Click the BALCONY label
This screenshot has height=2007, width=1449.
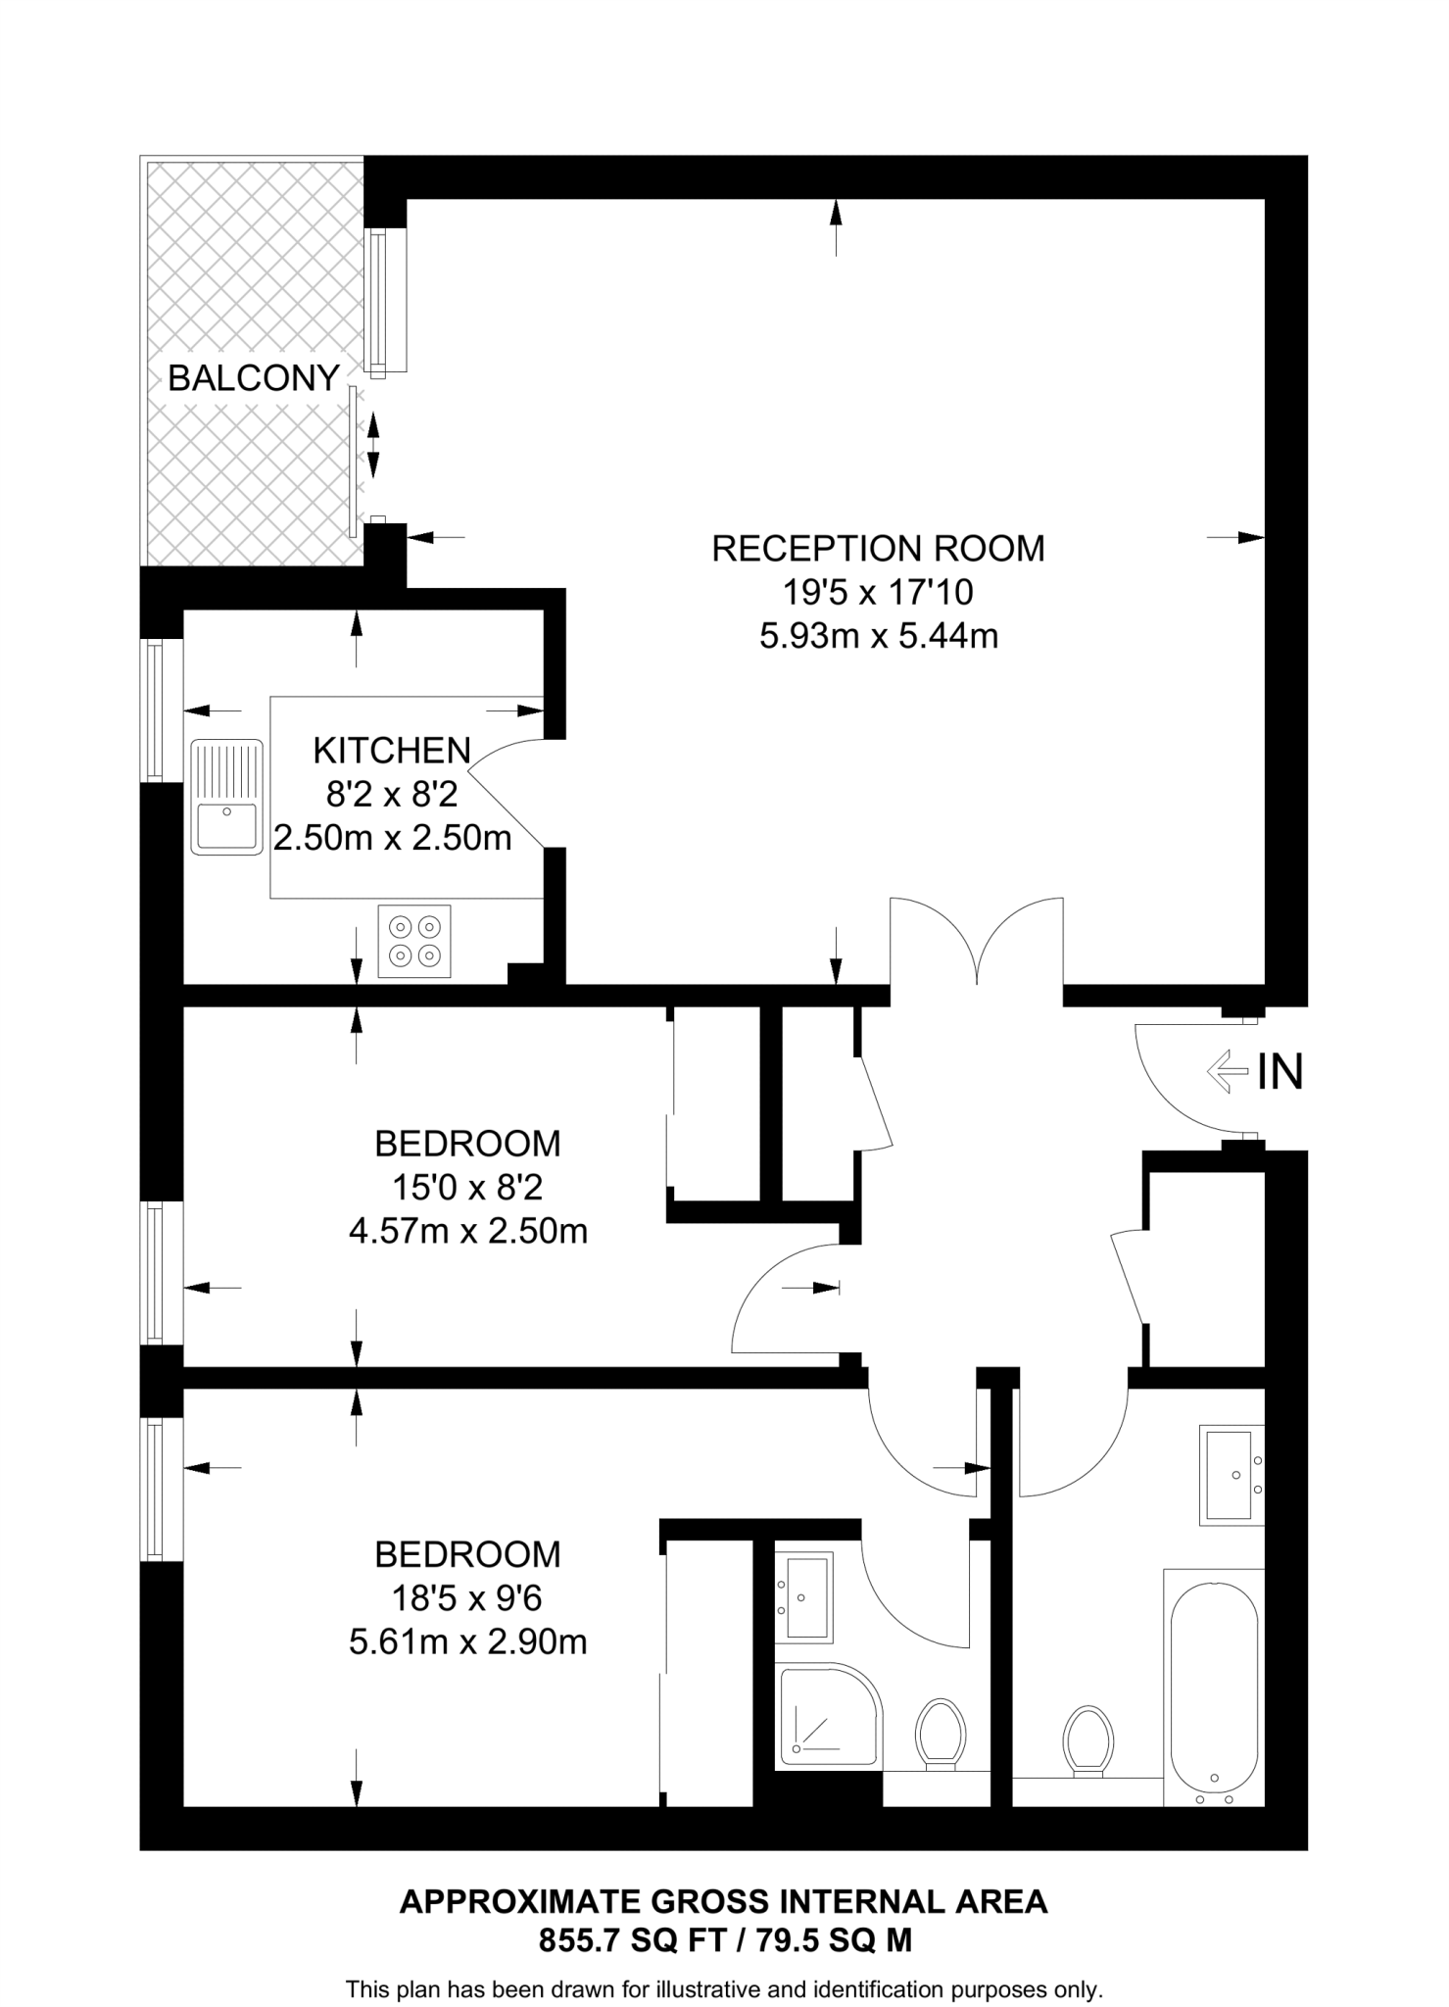pos(253,378)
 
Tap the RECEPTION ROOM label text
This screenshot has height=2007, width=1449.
pos(878,548)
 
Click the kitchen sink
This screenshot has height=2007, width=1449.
pos(227,796)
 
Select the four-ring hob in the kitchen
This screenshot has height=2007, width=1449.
pos(414,941)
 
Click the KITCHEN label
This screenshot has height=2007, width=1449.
pos(392,751)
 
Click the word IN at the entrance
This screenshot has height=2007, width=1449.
pos(1280,1072)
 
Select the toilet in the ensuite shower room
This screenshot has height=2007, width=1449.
pos(941,1733)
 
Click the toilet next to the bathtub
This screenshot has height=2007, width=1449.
pos(1087,1739)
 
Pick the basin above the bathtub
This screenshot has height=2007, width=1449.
pos(1231,1475)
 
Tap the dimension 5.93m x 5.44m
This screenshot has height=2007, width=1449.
pos(878,637)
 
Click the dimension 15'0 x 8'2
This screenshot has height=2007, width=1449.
pos(467,1188)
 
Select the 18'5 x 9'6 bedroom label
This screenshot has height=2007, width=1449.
pos(467,1599)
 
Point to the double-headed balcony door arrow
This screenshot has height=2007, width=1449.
pos(372,445)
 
